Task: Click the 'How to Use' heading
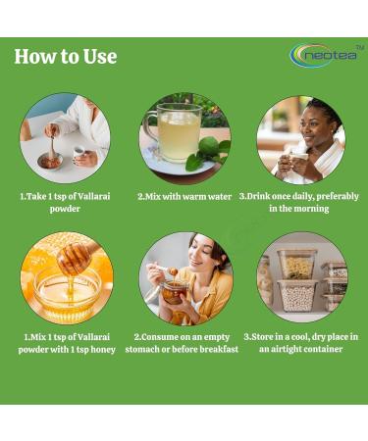pos(66,57)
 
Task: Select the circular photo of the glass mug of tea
pos(184,138)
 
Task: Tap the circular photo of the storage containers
pos(301,277)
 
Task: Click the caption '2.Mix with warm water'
pos(184,196)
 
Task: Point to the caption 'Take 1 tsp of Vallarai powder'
pos(65,203)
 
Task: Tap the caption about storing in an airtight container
pos(301,342)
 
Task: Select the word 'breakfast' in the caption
pos(218,349)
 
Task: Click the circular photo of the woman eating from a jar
pos(184,277)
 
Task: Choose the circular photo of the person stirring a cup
pos(65,138)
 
